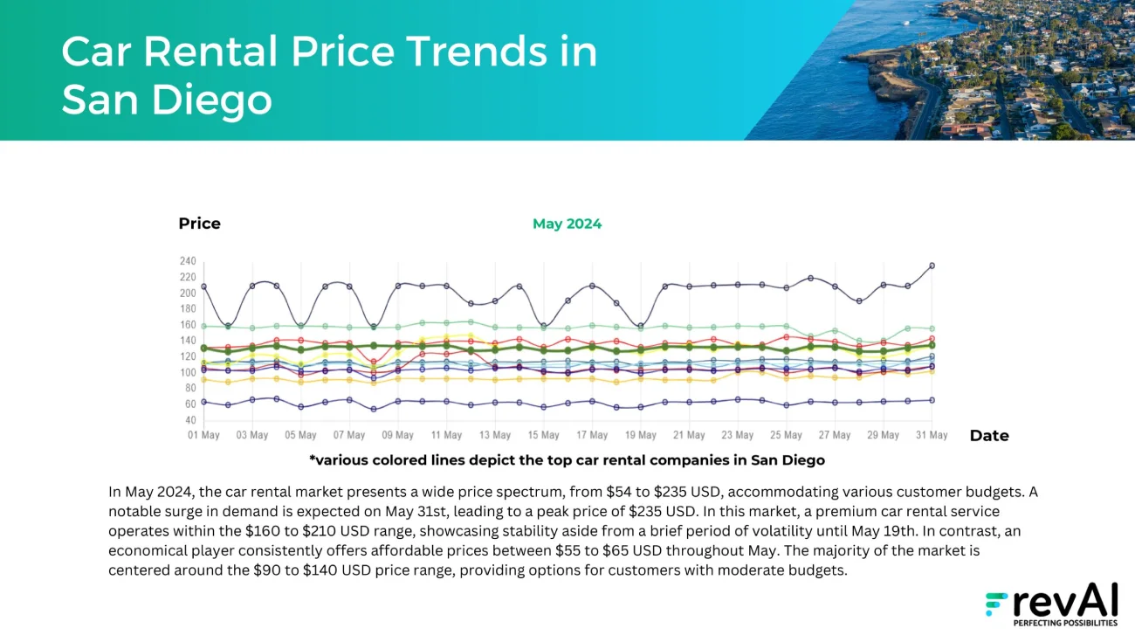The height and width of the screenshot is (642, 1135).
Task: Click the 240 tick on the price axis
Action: pos(187,261)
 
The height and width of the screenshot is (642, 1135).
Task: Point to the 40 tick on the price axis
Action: pos(189,420)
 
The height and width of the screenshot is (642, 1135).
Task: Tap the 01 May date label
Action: pos(203,435)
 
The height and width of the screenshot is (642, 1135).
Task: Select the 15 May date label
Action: pos(543,435)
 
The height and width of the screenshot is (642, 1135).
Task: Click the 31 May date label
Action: pos(932,435)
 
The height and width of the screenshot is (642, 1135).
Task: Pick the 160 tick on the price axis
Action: pos(187,325)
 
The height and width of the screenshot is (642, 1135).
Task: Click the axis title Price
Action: pos(199,224)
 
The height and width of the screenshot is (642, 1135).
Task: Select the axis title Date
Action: pos(989,436)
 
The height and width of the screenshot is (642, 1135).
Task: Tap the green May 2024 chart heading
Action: pos(567,224)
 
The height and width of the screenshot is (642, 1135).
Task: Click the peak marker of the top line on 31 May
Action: pos(932,266)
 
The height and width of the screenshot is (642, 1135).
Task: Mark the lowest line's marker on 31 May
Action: pos(932,400)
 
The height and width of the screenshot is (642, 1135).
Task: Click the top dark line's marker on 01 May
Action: pos(203,286)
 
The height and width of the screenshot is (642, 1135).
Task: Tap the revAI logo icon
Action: pos(996,604)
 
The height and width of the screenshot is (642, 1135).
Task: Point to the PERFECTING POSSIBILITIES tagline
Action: pos(1064,624)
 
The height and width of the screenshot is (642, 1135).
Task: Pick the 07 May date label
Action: pos(349,435)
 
